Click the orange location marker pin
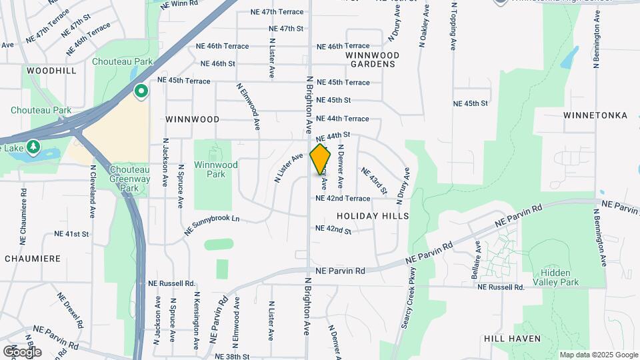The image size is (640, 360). click(321, 160)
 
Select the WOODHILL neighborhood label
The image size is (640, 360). click(52, 70)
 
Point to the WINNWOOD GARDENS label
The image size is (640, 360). click(373, 60)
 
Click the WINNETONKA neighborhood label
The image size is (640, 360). click(595, 115)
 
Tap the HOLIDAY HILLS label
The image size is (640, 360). click(373, 216)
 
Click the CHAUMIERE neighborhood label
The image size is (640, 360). click(33, 258)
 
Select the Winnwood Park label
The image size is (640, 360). click(215, 169)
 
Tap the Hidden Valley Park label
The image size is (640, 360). click(560, 277)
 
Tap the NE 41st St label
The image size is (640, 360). click(71, 234)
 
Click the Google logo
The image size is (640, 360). click(22, 351)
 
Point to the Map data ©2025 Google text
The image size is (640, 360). click(599, 355)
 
